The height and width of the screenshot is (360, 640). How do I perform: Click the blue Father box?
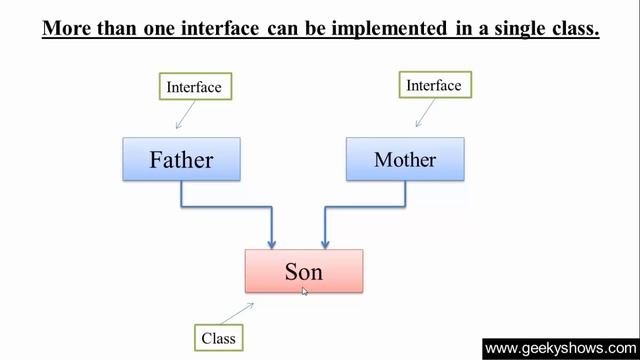181,159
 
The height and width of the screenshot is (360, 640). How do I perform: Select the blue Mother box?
405,159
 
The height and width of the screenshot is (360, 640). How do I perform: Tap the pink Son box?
303,271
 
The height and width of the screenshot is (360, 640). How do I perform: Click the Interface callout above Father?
194,87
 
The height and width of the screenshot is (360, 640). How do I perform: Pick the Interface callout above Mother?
434,85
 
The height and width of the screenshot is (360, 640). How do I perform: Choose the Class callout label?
218,338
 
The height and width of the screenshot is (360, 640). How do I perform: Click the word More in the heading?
71,28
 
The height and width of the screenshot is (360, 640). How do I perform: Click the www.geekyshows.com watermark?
561,348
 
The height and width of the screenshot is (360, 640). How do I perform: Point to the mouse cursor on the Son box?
305,291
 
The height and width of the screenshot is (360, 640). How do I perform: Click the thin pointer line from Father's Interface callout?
185,116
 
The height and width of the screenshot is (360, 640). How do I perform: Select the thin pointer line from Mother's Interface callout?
425,113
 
